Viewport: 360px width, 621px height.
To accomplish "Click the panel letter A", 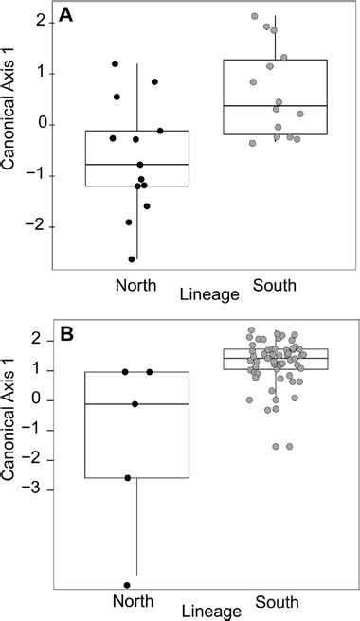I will pyautogui.click(x=66, y=15).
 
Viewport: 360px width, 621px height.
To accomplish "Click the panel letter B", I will pyautogui.click(x=66, y=333).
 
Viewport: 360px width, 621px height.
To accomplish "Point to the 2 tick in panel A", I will pyautogui.click(x=42, y=23).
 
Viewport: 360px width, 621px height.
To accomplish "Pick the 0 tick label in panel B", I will pyautogui.click(x=42, y=400).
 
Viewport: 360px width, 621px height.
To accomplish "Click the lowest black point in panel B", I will pyautogui.click(x=126, y=585).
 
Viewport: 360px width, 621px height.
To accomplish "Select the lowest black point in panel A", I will pyautogui.click(x=133, y=257).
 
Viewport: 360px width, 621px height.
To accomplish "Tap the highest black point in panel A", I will pyautogui.click(x=115, y=63).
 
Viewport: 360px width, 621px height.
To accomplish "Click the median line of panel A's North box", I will pyautogui.click(x=137, y=165).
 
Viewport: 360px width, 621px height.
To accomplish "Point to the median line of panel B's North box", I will pyautogui.click(x=137, y=404).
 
